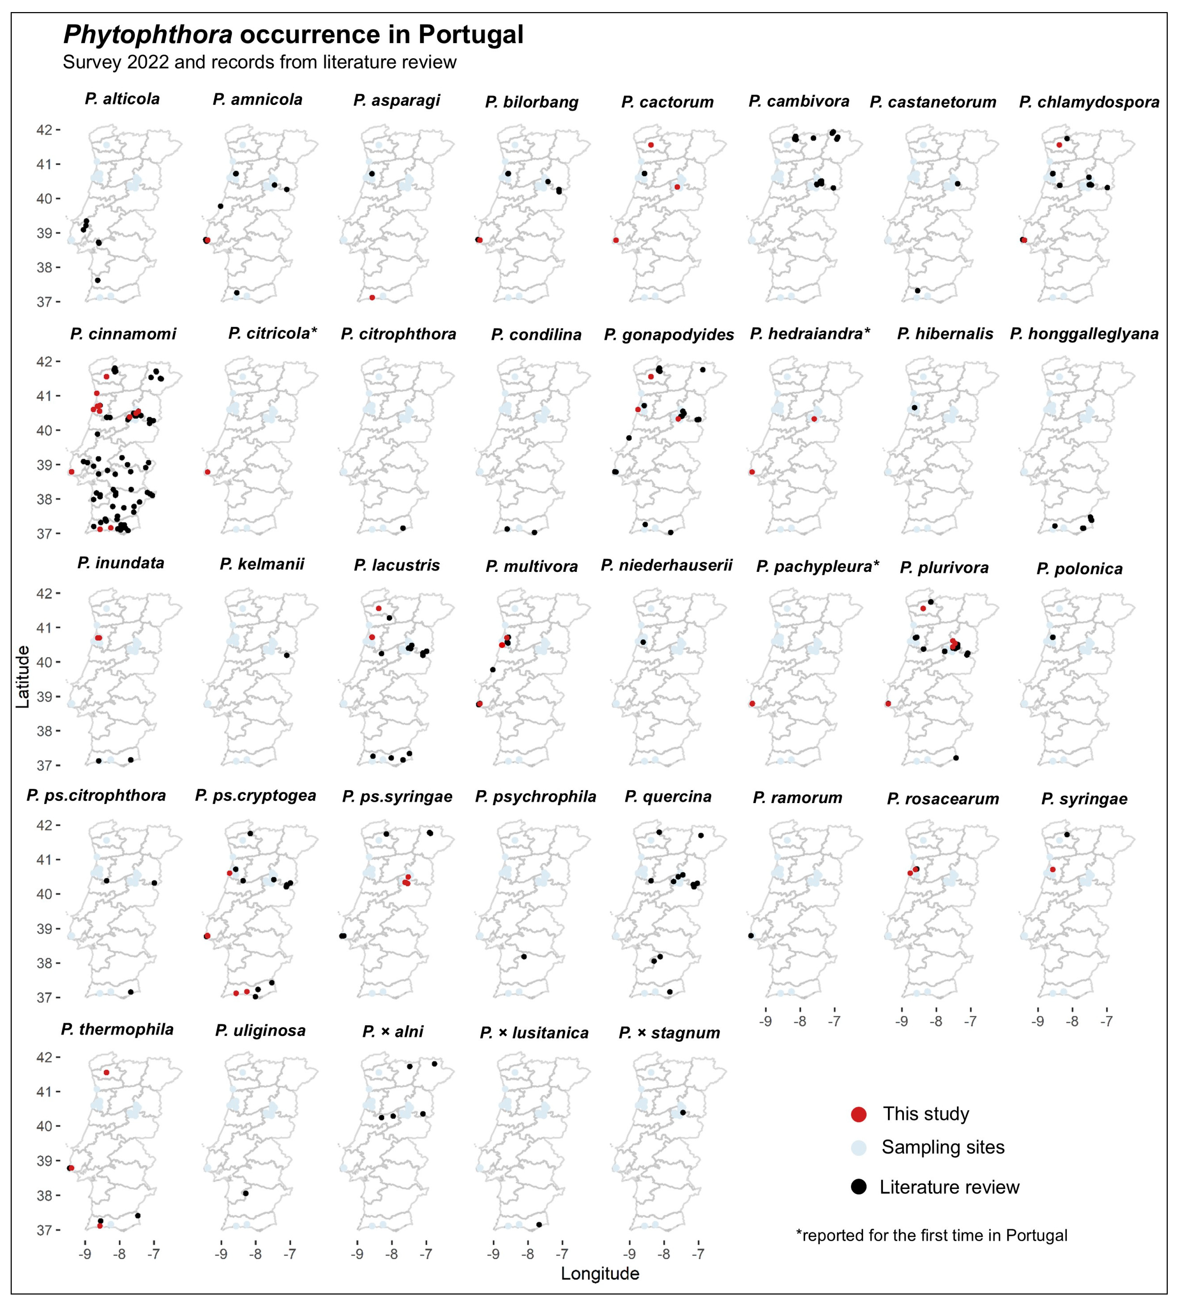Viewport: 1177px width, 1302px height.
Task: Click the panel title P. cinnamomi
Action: pos(123,334)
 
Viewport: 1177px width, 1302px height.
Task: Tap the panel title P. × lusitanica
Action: pos(534,1033)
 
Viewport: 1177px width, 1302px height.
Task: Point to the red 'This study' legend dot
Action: pos(859,1114)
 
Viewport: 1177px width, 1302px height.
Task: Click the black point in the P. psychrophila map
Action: pos(524,956)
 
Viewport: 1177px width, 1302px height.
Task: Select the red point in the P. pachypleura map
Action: pos(752,703)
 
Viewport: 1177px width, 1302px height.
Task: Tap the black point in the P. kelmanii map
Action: pos(287,655)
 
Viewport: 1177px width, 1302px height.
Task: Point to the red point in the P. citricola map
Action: pos(207,472)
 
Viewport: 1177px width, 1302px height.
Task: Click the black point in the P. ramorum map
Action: pos(751,935)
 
